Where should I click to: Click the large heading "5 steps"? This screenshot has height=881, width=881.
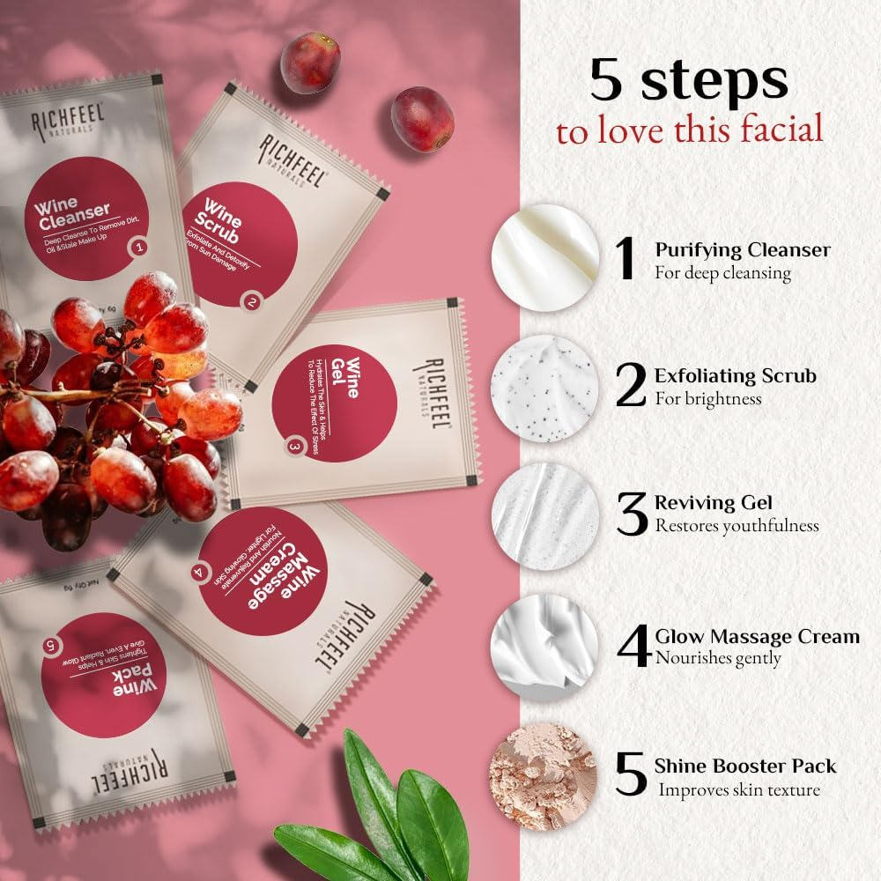pyautogui.click(x=689, y=80)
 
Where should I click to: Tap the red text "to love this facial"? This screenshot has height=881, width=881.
pyautogui.click(x=689, y=130)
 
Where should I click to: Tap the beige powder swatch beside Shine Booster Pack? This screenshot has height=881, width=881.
pyautogui.click(x=544, y=775)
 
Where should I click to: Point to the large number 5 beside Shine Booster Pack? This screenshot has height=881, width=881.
pyautogui.click(x=633, y=774)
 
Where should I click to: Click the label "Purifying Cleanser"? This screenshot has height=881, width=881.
pyautogui.click(x=742, y=250)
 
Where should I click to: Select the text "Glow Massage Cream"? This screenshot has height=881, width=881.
pyautogui.click(x=757, y=636)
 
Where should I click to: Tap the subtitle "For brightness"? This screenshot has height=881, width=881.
pyautogui.click(x=707, y=398)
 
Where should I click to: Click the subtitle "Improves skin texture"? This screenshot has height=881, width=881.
pyautogui.click(x=739, y=789)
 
